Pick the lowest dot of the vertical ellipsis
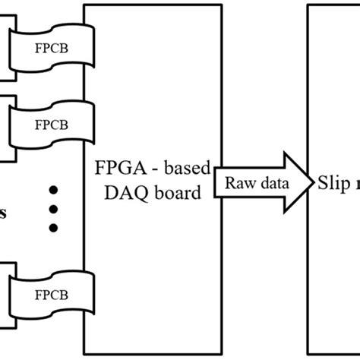(x=54, y=227)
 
